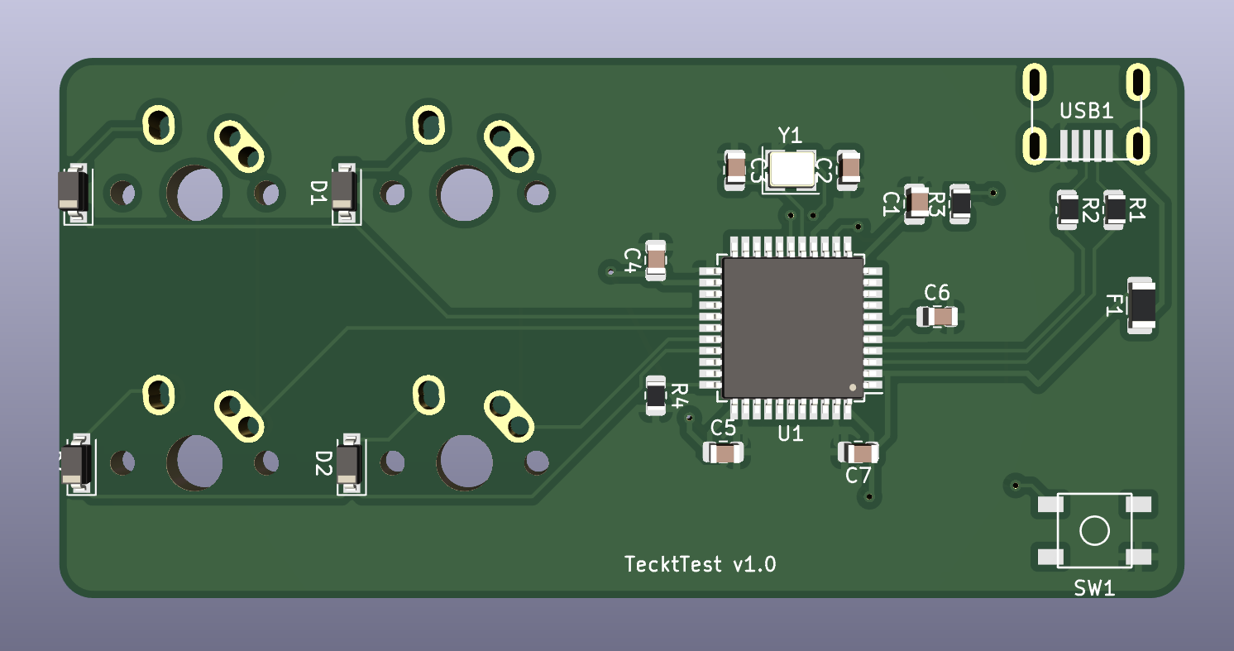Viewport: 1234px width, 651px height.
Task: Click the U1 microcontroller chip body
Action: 792,327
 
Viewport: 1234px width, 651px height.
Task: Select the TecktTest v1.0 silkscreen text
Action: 700,564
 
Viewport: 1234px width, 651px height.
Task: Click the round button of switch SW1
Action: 1094,530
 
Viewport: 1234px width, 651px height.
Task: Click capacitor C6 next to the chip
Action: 937,316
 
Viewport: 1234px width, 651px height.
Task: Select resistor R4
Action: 655,395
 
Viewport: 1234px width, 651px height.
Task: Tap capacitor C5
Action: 724,452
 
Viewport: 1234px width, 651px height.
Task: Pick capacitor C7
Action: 859,452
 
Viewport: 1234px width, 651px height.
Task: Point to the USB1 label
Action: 1087,112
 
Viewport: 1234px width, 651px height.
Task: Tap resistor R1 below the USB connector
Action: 1115,209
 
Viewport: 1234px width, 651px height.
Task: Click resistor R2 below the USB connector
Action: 1068,209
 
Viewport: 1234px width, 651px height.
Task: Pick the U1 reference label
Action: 791,433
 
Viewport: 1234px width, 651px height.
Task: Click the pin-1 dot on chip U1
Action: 854,386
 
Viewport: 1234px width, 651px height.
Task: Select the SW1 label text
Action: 1094,588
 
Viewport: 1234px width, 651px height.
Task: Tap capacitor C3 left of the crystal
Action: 734,170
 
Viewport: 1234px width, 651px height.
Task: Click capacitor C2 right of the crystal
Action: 849,169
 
